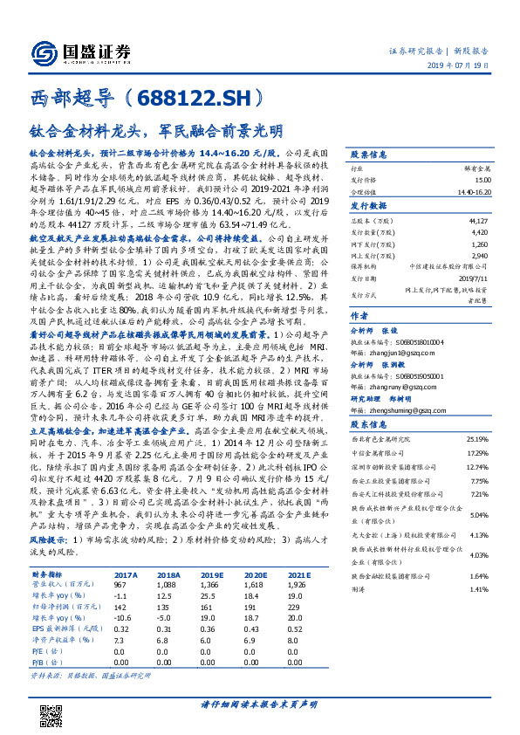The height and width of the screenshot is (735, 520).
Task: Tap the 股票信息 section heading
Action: (x=369, y=153)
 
